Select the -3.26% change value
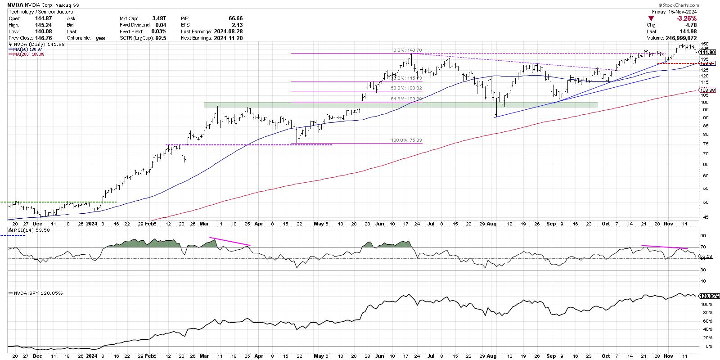687,18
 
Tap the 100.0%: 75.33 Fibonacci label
407,140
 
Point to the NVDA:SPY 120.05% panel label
36,293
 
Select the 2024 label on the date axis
92,223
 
